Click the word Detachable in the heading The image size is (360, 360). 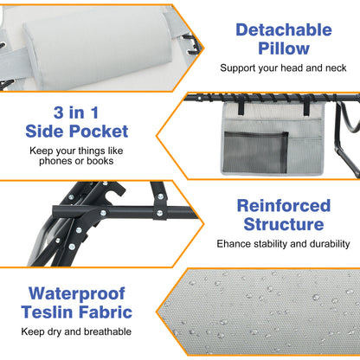[x=284, y=29]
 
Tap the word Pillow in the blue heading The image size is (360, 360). [x=284, y=48]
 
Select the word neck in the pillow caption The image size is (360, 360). [x=336, y=67]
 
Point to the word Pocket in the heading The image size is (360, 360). [x=99, y=132]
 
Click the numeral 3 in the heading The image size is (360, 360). [x=59, y=112]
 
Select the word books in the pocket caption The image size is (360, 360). [x=100, y=161]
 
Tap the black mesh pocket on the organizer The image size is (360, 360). [x=255, y=152]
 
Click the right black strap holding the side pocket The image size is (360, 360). [x=308, y=106]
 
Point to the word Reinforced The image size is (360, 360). [x=284, y=206]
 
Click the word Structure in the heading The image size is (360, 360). [x=284, y=224]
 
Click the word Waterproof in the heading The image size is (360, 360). [x=77, y=294]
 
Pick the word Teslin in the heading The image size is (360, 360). [x=47, y=312]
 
